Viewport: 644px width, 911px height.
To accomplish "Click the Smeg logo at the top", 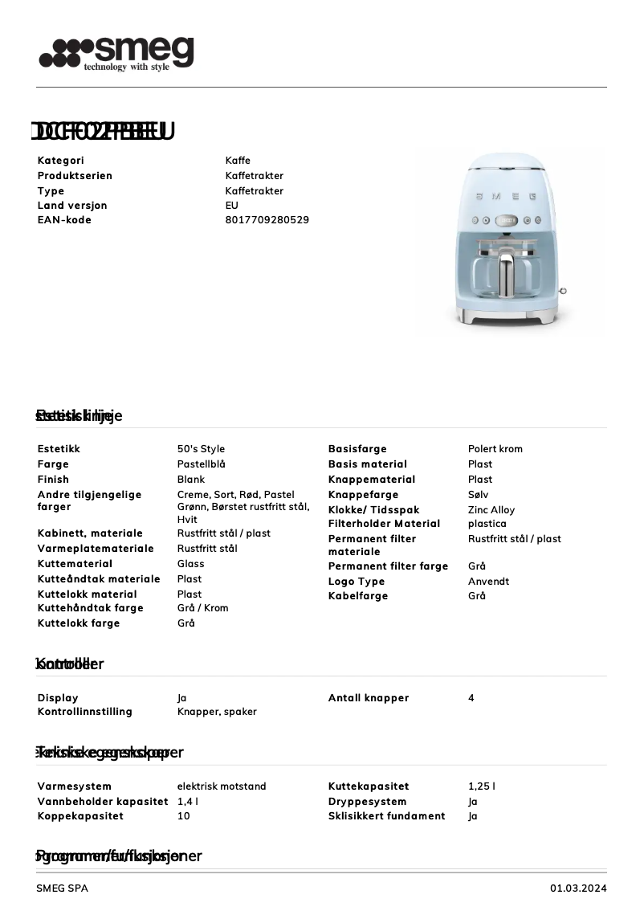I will [116, 54].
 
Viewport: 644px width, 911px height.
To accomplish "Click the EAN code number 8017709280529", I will [267, 220].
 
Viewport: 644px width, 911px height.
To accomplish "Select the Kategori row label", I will [60, 161].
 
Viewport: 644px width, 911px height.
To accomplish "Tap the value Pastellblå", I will [201, 464].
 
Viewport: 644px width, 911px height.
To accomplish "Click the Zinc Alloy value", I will [491, 510].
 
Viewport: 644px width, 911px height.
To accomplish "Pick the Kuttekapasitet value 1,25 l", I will [481, 786].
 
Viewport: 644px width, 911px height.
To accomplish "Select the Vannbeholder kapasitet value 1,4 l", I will [188, 802].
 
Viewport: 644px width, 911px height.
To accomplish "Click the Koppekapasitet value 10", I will [183, 816].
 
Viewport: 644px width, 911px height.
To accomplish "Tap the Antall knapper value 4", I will [471, 698].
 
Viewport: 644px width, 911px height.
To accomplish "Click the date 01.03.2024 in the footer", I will [578, 889].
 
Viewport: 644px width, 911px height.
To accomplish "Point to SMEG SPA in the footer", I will [62, 889].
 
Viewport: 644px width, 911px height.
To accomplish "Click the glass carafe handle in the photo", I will [507, 275].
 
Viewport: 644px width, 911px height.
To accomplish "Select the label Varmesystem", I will [74, 786].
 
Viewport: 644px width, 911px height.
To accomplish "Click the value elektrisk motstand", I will [222, 786].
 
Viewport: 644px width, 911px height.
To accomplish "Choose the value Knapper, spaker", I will [217, 712].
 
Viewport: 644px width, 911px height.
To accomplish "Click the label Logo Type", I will [357, 582].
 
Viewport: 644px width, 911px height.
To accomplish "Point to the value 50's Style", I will [201, 449].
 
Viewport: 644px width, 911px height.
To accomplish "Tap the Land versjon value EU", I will [231, 206].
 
